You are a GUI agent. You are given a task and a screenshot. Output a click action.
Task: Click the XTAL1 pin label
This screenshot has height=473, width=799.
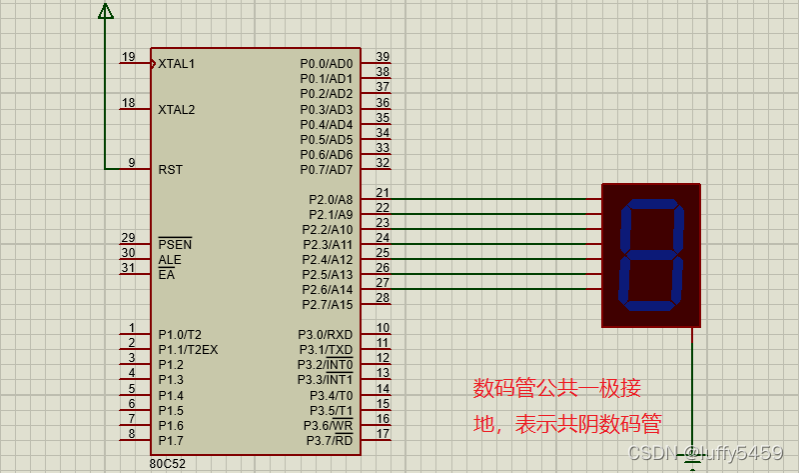coord(177,64)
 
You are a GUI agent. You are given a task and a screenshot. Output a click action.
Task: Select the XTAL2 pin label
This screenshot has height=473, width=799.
coord(177,109)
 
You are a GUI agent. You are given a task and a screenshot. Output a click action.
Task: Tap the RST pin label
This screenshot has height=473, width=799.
coord(170,170)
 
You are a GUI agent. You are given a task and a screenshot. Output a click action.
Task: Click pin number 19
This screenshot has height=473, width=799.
coord(128,56)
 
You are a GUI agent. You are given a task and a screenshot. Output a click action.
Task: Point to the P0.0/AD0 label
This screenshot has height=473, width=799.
coord(327,64)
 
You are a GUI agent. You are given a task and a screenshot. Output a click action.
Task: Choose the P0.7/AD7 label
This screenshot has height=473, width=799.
coord(327,170)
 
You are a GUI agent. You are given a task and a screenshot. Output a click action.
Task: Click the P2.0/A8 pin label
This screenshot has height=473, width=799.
coord(331,200)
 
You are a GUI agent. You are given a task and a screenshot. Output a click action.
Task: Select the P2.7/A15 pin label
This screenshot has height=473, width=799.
coord(328,305)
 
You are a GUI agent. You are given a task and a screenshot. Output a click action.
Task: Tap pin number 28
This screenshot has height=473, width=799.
coord(383,298)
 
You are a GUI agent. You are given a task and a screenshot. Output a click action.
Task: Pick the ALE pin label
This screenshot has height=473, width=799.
coord(170,260)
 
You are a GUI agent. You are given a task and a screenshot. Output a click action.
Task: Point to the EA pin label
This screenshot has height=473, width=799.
coord(166,275)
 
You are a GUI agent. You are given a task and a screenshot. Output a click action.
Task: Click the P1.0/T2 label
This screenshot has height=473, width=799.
coord(180,335)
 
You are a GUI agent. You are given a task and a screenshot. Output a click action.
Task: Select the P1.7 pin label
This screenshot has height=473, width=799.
coord(171,441)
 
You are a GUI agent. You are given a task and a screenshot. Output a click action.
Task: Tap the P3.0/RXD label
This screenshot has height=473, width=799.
coord(326,335)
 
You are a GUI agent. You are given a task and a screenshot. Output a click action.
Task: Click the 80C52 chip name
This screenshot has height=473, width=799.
coord(168,464)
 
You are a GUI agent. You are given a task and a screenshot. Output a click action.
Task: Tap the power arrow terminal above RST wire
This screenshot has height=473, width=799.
coord(105,10)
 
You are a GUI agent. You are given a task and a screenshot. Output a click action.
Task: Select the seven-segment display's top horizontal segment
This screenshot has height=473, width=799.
coord(651,205)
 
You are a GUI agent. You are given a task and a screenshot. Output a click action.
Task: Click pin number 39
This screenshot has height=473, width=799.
coord(383,57)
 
